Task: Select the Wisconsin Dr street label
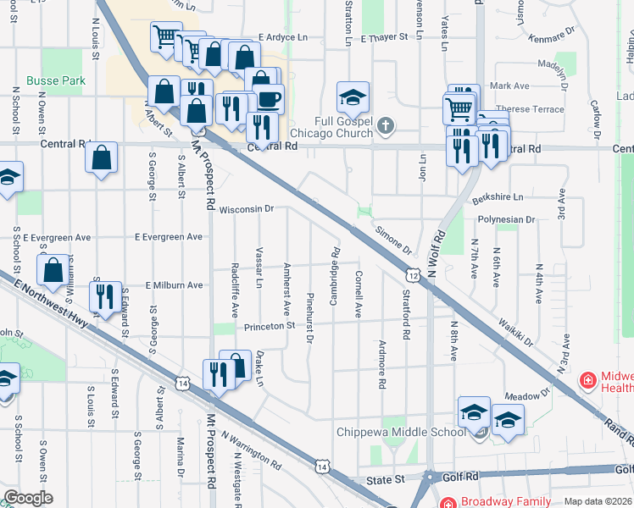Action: click(x=247, y=209)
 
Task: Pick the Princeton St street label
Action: click(x=269, y=325)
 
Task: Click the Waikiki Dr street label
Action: click(x=515, y=333)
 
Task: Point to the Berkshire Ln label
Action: click(x=498, y=196)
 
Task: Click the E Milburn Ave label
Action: click(x=174, y=285)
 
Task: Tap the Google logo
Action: click(x=29, y=497)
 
